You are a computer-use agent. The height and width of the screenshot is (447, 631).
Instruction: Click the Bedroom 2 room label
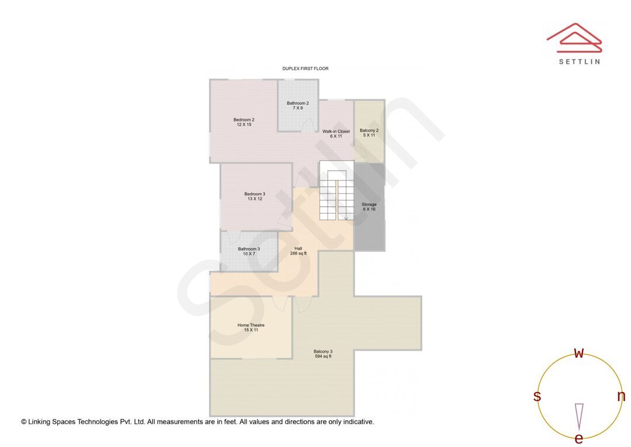[x=245, y=122]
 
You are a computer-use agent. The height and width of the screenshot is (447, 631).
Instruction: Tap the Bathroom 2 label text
[x=297, y=105]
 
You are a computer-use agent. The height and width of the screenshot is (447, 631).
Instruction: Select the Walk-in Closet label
[x=336, y=133]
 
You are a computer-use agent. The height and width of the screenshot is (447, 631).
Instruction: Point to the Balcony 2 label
[x=369, y=133]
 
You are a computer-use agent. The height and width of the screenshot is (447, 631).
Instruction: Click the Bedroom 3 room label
[x=254, y=197]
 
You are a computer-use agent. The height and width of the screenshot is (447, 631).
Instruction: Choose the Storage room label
[x=369, y=207]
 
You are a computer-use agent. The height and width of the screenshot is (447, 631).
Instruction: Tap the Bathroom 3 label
[x=248, y=251]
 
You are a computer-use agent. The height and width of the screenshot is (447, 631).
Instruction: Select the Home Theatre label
[x=251, y=328]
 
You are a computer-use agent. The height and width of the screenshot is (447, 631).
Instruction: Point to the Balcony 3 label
[x=323, y=354]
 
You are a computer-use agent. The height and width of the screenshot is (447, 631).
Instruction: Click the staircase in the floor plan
[x=336, y=195]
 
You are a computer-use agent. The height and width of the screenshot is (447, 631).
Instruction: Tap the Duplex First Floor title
[x=305, y=68]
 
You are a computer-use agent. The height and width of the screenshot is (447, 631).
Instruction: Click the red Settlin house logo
[x=574, y=38]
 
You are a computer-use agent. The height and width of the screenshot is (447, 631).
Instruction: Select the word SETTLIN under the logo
[x=579, y=61]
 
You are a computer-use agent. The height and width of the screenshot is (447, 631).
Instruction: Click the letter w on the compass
[x=578, y=353]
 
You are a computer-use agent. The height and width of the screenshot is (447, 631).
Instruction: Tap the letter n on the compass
[x=621, y=396]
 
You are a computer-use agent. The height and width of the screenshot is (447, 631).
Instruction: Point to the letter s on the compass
[x=536, y=397]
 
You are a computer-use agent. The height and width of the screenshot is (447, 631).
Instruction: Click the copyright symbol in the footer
[x=24, y=421]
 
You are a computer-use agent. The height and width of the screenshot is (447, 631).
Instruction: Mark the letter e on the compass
[x=578, y=438]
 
